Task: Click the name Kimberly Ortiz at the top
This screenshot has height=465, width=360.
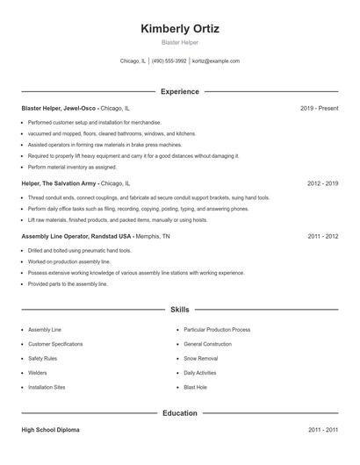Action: [x=180, y=28]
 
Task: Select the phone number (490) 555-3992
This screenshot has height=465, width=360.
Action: [x=169, y=61]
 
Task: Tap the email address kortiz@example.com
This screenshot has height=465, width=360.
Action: [x=216, y=61]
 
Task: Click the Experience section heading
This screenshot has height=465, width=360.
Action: [x=180, y=91]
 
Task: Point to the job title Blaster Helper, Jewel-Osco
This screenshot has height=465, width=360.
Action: [x=59, y=108]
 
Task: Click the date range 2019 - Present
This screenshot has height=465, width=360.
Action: [x=320, y=108]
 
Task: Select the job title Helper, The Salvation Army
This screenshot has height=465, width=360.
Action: [x=59, y=184]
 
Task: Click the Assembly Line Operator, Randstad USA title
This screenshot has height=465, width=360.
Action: [x=76, y=237]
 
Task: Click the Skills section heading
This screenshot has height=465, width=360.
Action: [x=180, y=310]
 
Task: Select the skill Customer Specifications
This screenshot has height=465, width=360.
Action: [x=56, y=344]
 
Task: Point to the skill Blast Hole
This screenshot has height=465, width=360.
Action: [x=196, y=387]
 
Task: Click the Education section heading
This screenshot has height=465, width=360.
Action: [x=180, y=412]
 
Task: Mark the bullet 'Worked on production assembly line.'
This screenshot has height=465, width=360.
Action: [x=68, y=262]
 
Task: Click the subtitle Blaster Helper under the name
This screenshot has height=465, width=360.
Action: [x=180, y=42]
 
